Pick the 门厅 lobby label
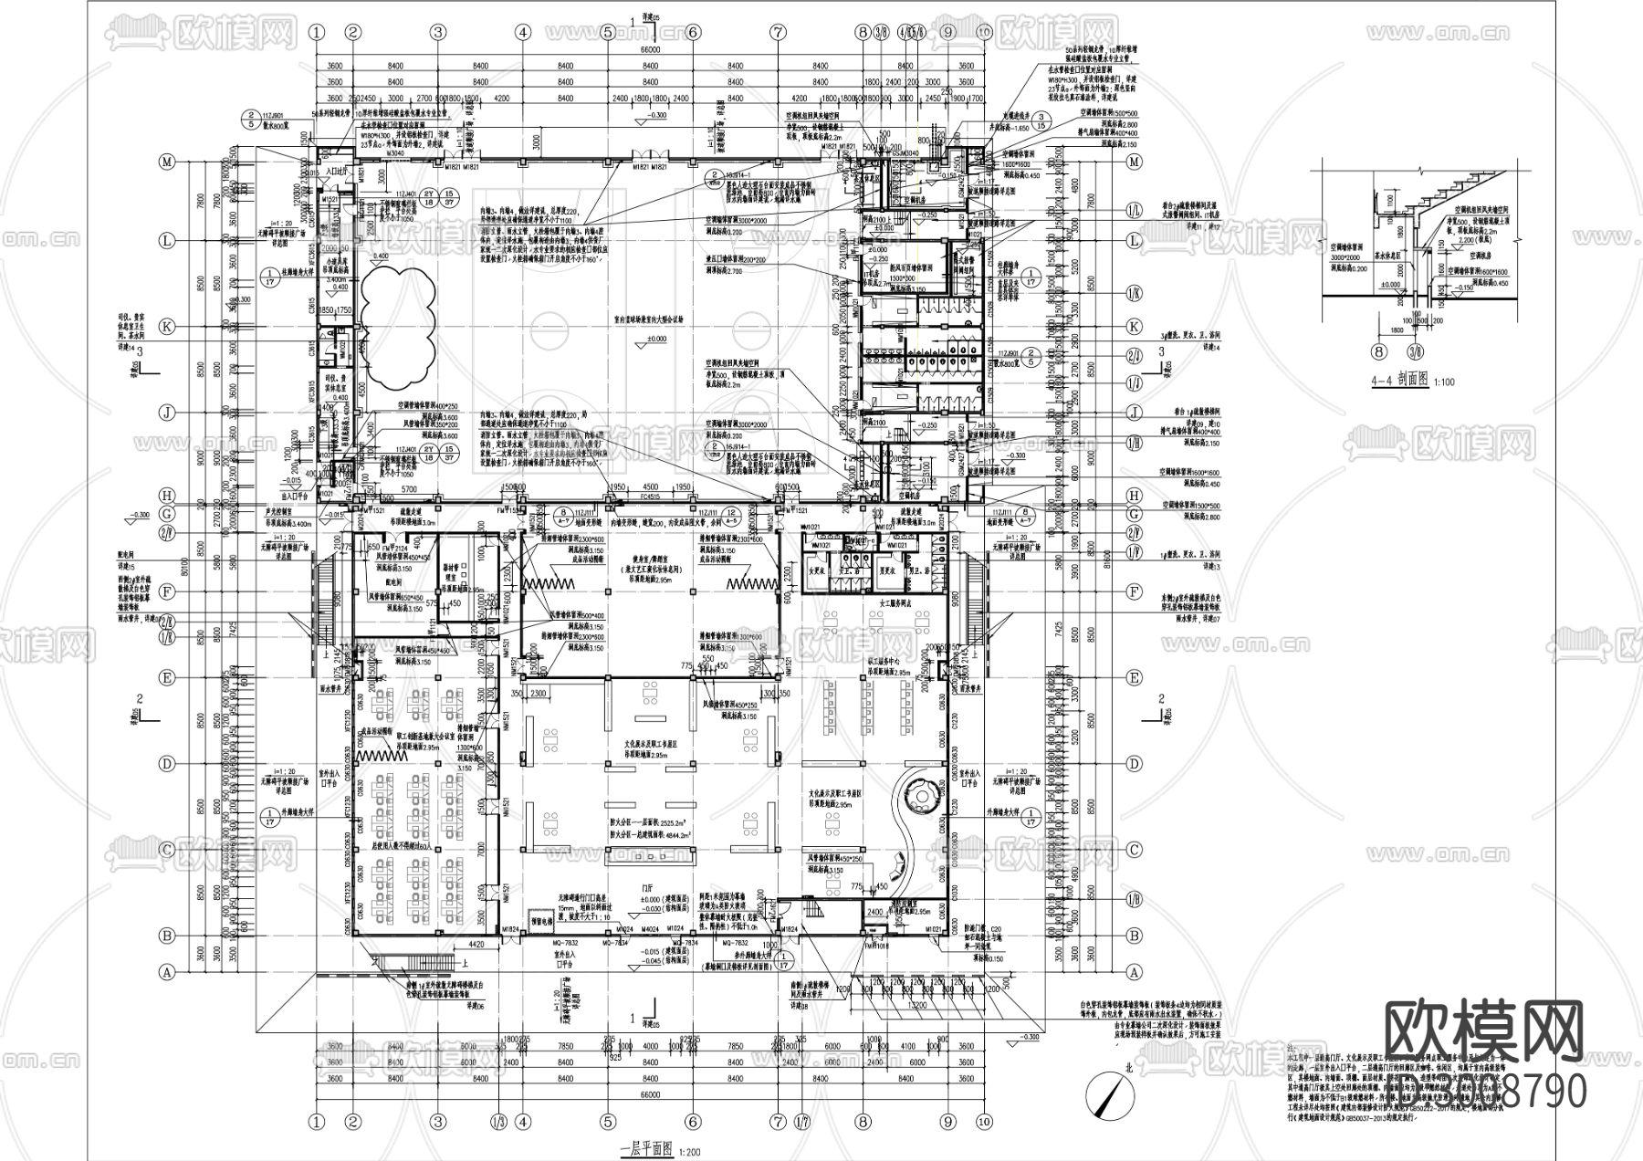(x=649, y=886)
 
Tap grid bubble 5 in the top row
(x=607, y=32)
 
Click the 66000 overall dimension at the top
(x=649, y=48)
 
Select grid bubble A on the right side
(x=1135, y=972)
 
